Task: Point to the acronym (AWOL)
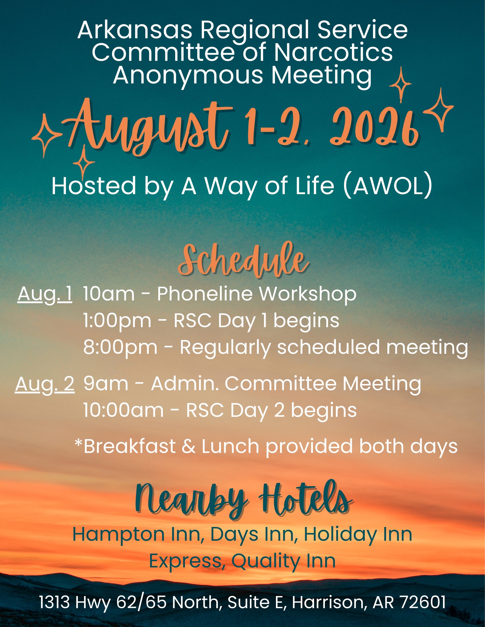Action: point(388,186)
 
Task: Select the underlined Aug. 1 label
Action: point(45,295)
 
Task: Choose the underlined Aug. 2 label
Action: point(45,384)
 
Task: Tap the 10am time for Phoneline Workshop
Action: point(109,294)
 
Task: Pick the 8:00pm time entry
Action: point(120,347)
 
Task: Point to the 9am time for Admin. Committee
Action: point(106,384)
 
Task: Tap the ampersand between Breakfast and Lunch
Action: point(188,446)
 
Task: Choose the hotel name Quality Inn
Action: point(283,561)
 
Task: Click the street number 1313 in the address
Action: point(55,603)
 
